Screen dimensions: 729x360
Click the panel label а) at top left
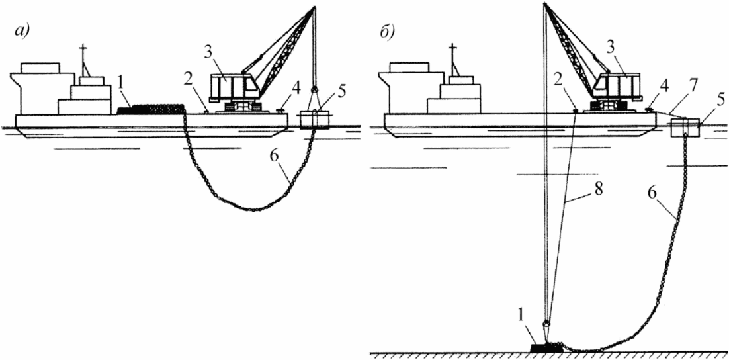(x=22, y=33)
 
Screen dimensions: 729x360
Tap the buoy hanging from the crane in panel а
(x=314, y=120)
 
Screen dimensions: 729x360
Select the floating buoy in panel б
(x=685, y=128)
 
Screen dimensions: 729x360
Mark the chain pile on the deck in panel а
(x=150, y=110)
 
